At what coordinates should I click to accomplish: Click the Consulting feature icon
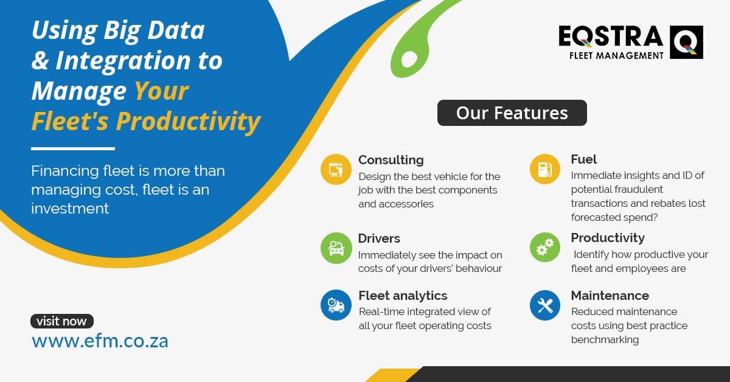tap(336, 170)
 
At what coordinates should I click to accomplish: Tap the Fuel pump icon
tap(545, 169)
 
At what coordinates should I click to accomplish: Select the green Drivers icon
tap(336, 248)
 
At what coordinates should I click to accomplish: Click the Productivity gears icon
tap(545, 248)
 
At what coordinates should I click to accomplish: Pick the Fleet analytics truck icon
tap(336, 305)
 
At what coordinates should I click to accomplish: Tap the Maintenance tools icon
tap(545, 305)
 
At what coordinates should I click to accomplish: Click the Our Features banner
tap(512, 113)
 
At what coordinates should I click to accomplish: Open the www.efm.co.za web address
tap(100, 341)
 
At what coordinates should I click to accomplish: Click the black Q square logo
tap(686, 43)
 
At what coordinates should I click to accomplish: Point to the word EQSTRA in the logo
tap(611, 36)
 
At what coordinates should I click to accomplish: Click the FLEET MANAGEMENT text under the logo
tap(616, 56)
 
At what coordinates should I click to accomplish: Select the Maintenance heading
tap(610, 296)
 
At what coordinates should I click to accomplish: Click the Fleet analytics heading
tap(403, 296)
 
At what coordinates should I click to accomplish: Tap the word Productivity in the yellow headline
tap(189, 121)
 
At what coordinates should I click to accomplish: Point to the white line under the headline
tap(73, 148)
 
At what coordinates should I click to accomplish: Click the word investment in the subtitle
tap(70, 209)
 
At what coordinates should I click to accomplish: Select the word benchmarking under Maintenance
tap(605, 339)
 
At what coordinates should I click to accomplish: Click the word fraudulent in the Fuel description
tap(640, 189)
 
